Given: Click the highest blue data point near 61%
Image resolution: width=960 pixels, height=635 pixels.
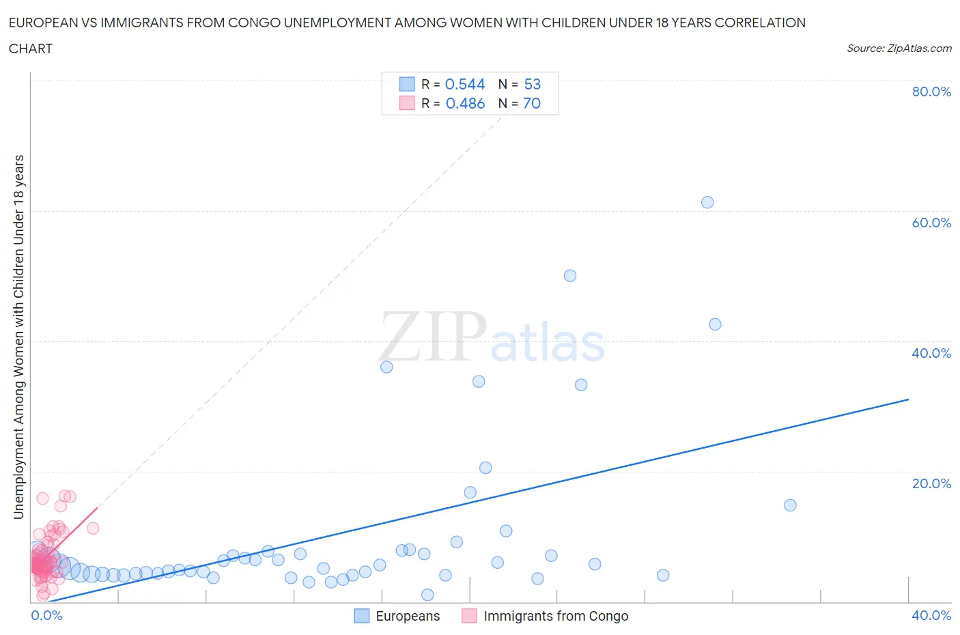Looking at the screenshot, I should pyautogui.click(x=707, y=202).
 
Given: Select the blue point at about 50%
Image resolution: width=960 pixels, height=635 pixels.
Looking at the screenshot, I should pyautogui.click(x=570, y=276).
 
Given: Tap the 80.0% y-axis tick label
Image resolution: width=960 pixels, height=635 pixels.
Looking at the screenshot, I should pyautogui.click(x=931, y=91).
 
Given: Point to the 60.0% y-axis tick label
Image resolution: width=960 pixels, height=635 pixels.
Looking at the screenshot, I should pyautogui.click(x=931, y=223).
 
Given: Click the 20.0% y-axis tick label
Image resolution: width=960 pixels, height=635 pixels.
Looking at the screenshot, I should pyautogui.click(x=931, y=483).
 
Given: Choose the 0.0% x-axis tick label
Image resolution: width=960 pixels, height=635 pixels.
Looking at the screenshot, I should pyautogui.click(x=46, y=615).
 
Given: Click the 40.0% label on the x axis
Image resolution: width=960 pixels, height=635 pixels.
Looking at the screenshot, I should pyautogui.click(x=931, y=615).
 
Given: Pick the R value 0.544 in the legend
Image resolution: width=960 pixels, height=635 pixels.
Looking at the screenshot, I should pyautogui.click(x=465, y=84).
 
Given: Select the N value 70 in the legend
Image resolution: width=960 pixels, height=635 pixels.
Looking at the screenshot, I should pyautogui.click(x=532, y=103).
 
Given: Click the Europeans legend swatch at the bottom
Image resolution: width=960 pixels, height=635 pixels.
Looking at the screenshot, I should pyautogui.click(x=361, y=616).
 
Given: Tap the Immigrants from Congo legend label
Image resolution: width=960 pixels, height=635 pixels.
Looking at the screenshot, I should pyautogui.click(x=556, y=616).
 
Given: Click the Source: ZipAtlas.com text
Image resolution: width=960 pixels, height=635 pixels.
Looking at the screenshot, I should pyautogui.click(x=899, y=48).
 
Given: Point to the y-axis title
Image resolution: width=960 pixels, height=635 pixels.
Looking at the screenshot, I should pyautogui.click(x=18, y=337).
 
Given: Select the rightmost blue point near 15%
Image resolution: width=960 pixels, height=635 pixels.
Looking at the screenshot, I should pyautogui.click(x=790, y=505).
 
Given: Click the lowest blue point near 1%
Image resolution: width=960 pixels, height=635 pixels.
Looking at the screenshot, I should pyautogui.click(x=427, y=595).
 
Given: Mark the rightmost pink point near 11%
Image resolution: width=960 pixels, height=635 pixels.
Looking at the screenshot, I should pyautogui.click(x=93, y=528).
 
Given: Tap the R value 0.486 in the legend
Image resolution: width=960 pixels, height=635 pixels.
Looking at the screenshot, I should pyautogui.click(x=465, y=103).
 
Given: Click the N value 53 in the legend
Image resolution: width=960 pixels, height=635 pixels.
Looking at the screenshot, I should pyautogui.click(x=533, y=84).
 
